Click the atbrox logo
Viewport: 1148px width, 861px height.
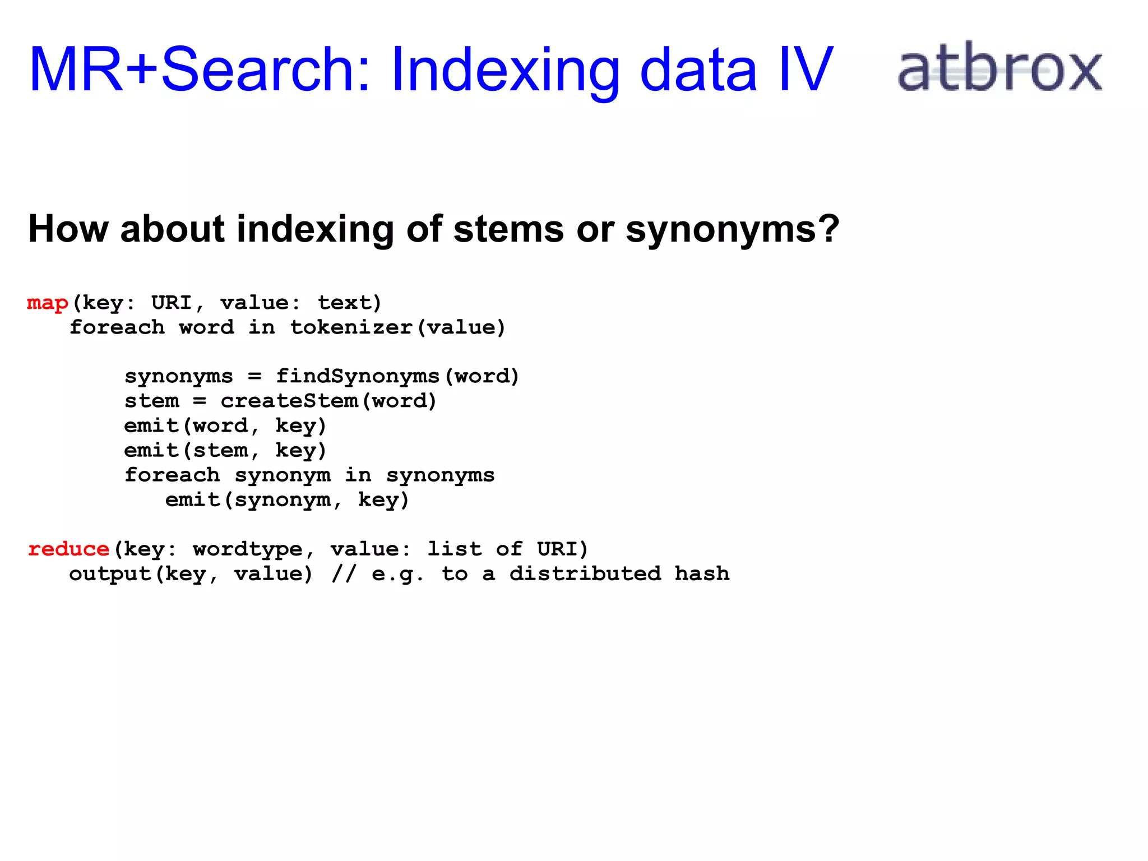(x=999, y=68)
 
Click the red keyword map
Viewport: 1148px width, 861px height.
(x=48, y=303)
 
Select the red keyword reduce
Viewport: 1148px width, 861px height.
(x=68, y=549)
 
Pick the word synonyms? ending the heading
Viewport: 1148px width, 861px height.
(x=732, y=230)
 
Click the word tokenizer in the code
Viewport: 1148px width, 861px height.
(x=351, y=327)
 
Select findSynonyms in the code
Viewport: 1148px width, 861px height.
(x=358, y=376)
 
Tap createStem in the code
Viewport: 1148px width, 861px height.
(x=289, y=401)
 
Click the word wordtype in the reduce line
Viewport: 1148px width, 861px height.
(x=248, y=549)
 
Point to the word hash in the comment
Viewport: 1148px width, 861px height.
(x=702, y=573)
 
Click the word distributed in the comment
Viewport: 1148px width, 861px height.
(x=585, y=573)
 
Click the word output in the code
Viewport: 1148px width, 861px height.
(x=110, y=573)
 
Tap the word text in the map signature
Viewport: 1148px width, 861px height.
(x=345, y=303)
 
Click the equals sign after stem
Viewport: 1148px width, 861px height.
(x=200, y=401)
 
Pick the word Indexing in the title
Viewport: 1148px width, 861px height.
(x=505, y=71)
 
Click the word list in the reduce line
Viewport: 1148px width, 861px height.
(x=454, y=549)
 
